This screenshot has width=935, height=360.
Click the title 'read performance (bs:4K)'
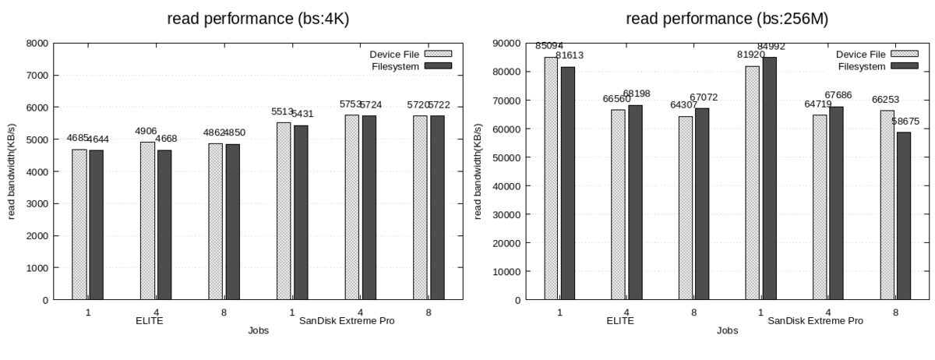point(258,19)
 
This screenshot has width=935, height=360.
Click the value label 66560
point(618,99)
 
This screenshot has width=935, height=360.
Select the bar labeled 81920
point(752,182)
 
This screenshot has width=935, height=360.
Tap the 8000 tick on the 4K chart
point(39,44)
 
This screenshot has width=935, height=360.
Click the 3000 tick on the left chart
point(39,204)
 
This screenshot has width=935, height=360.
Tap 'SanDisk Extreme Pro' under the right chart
point(815,320)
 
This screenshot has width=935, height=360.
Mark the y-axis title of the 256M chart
point(479,171)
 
